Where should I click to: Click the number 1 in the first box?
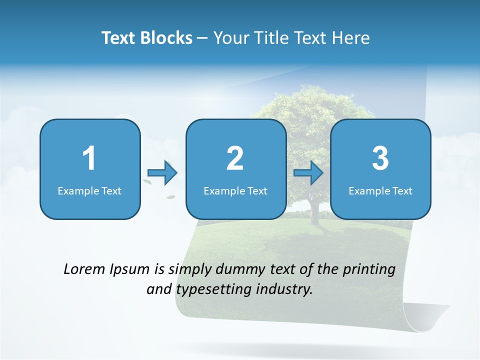(89, 158)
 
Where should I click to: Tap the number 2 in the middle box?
(235, 158)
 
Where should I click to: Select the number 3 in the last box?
(380, 158)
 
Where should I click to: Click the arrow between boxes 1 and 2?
(162, 173)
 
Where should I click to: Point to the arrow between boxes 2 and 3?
(308, 173)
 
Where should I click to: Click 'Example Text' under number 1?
(89, 191)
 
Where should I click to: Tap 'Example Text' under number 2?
(235, 191)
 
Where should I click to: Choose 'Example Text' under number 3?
(380, 191)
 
